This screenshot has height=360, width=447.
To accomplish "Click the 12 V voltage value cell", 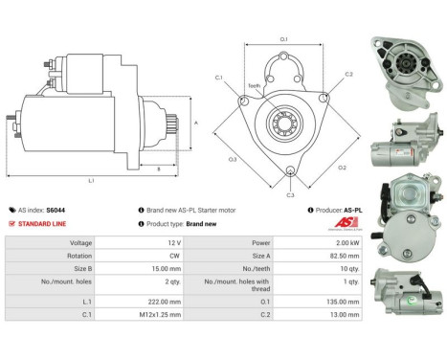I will click(162, 242).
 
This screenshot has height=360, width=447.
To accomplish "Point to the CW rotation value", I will click(162, 257).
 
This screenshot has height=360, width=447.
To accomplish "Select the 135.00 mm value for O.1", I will click(343, 301).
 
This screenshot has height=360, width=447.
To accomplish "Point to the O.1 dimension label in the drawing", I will click(283, 38).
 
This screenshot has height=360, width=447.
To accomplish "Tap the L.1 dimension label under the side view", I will click(91, 180).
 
